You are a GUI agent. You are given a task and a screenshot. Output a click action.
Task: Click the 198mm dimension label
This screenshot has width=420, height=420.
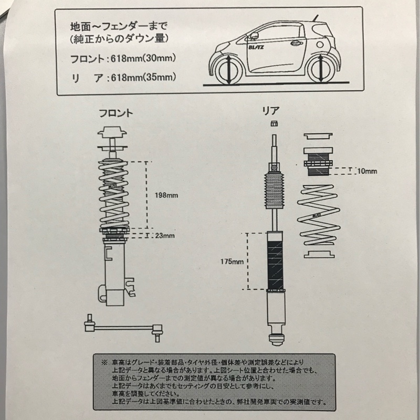166,196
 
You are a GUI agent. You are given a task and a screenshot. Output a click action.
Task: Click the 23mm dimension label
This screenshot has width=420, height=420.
165,236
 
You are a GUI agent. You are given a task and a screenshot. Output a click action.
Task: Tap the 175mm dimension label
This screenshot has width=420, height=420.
231,260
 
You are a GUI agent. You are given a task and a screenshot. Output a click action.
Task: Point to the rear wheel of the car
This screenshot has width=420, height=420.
321,70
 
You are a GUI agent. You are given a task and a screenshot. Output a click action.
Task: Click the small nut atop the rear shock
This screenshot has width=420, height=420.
274,124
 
